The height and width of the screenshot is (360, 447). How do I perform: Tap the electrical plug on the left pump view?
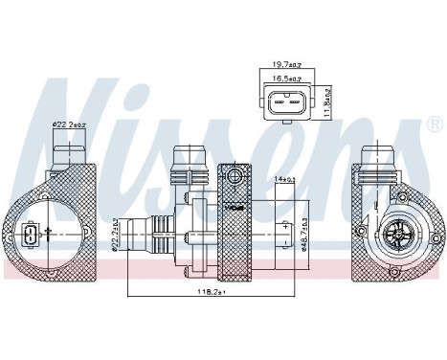point(32,235)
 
